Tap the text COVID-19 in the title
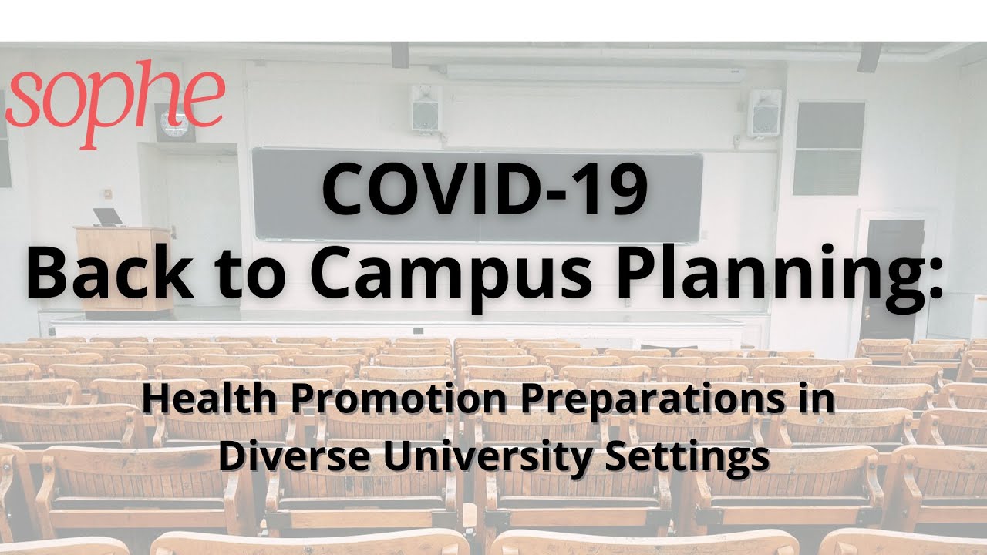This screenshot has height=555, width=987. click(483, 189)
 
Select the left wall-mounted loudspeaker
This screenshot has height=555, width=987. click(426, 108)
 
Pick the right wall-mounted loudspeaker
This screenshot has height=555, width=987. click(763, 113)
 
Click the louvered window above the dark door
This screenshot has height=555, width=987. click(829, 148)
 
